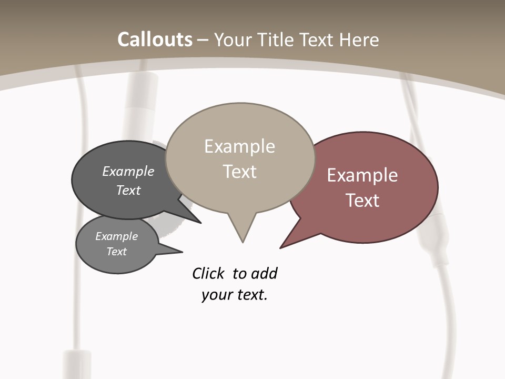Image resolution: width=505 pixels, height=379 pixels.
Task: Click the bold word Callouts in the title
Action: click(x=155, y=39)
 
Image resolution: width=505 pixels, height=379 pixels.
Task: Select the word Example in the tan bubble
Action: click(x=239, y=146)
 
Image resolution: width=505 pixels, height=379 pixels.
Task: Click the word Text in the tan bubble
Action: click(x=239, y=171)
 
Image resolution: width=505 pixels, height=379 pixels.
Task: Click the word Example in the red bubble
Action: click(x=362, y=175)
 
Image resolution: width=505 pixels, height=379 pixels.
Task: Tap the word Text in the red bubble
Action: click(x=362, y=200)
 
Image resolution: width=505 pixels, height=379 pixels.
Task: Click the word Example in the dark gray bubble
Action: click(x=128, y=171)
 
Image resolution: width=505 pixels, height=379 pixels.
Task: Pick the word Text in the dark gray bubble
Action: click(x=128, y=190)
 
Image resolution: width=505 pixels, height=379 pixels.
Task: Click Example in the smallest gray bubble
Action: click(x=116, y=236)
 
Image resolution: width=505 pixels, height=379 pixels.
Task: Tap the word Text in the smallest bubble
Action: click(x=116, y=252)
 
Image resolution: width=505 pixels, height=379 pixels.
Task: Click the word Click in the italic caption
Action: click(x=208, y=273)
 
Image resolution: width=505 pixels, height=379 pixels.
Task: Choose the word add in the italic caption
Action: click(x=264, y=273)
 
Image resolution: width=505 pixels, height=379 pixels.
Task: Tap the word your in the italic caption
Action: click(x=216, y=295)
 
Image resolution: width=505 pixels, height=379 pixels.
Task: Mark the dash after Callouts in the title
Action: click(x=204, y=40)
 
